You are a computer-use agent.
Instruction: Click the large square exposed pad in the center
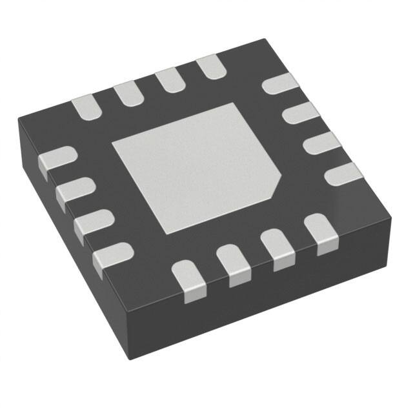pyautogui.click(x=194, y=168)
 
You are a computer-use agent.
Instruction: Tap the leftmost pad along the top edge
pyautogui.click(x=86, y=107)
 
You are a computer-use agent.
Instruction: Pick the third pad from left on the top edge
pyautogui.click(x=169, y=81)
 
